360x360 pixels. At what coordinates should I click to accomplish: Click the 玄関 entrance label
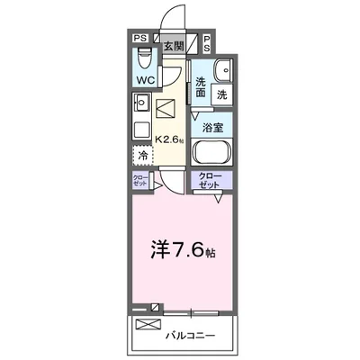coord(174,43)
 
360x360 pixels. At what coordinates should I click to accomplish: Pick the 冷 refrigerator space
coord(142,155)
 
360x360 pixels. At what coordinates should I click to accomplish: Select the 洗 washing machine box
coord(220,93)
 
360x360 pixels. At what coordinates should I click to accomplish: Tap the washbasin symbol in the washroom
coord(223,72)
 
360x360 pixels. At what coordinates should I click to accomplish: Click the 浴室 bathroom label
coord(213,128)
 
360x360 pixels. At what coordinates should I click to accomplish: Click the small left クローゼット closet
coord(140,180)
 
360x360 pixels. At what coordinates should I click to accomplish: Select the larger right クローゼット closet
coord(211,180)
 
